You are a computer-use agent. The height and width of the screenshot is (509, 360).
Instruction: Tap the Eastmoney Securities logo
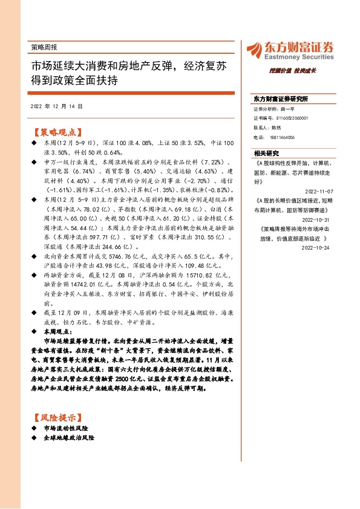tap(289, 51)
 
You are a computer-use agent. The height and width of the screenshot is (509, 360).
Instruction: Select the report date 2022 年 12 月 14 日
tap(56, 106)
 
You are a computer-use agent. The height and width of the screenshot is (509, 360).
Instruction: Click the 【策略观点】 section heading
tap(58, 131)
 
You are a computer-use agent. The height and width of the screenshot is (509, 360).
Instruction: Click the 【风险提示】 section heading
tap(58, 418)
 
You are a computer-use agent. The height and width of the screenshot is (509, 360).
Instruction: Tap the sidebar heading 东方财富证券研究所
tap(281, 98)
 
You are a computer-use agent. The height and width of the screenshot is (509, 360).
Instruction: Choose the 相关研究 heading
tap(266, 152)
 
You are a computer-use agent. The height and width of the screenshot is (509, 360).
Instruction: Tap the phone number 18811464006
tap(286, 138)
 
